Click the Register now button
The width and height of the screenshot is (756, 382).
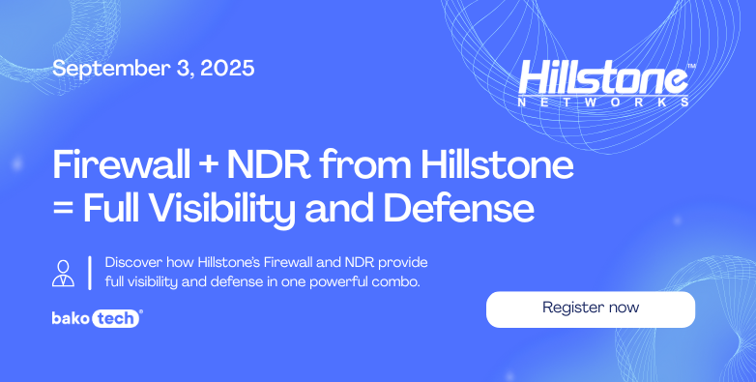coord(590,309)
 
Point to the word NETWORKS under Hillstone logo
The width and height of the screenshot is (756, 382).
coord(603,101)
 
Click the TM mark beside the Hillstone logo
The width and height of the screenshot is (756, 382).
coord(689,66)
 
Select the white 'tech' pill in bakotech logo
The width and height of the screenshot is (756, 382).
coord(116,317)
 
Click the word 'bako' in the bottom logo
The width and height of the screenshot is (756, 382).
coord(71,317)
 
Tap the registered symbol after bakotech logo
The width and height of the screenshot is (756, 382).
coord(142,311)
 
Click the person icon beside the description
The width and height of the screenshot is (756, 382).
coord(63,272)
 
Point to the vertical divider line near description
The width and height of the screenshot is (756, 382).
coord(89,272)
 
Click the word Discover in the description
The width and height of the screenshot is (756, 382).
coord(135,263)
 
